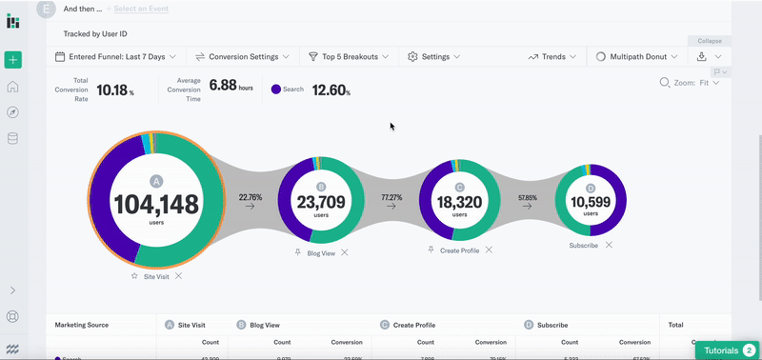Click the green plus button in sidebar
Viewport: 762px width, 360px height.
13,60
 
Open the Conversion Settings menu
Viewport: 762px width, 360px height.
243,57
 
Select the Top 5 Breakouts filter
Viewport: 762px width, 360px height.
349,57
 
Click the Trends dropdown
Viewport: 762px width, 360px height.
551,57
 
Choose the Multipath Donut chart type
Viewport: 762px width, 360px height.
636,57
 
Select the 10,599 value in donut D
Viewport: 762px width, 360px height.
591,202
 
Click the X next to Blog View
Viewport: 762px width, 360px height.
345,252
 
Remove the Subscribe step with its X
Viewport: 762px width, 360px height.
609,245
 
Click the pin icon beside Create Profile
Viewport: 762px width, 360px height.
431,250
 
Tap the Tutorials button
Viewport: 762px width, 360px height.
725,350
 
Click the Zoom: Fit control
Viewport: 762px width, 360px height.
690,83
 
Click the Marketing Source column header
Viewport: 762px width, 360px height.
82,325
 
